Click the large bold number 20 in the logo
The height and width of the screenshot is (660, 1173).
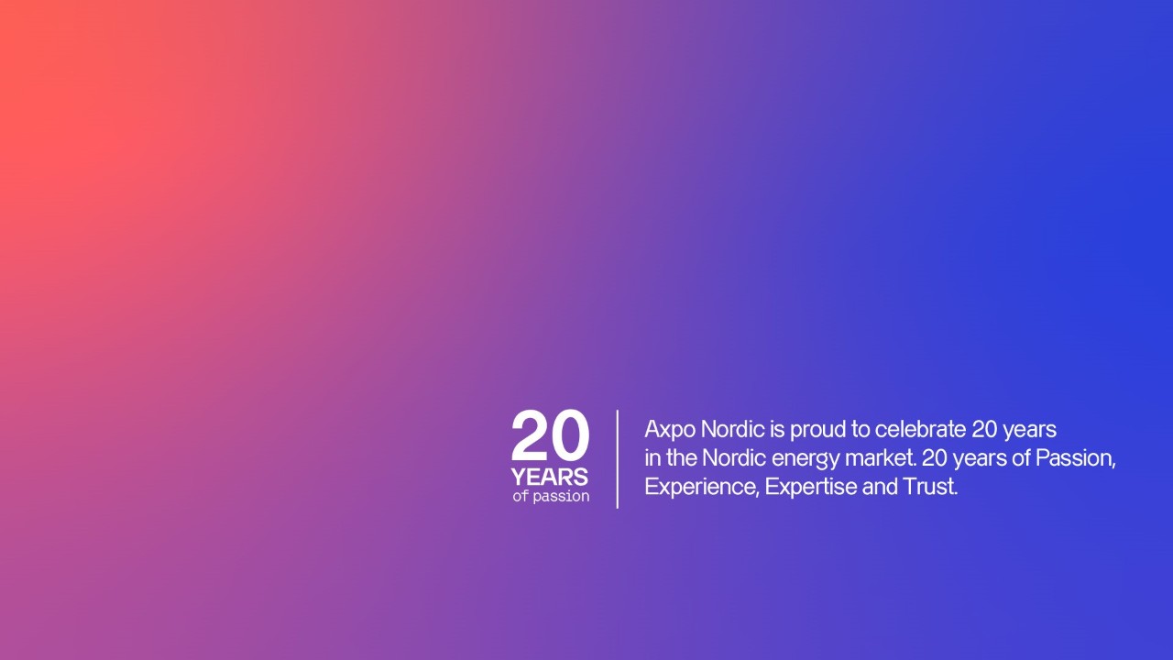pos(551,434)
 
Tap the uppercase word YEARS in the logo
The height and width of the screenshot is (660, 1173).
pos(549,478)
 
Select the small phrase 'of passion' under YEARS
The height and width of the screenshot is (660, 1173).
pos(551,496)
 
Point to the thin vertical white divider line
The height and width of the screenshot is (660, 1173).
pos(618,459)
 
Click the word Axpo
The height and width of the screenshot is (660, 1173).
pos(670,430)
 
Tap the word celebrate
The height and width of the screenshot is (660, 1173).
pos(920,429)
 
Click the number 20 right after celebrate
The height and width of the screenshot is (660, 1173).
pos(984,430)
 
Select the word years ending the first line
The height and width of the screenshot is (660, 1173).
pos(1029,431)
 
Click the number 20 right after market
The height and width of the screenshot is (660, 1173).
pos(935,458)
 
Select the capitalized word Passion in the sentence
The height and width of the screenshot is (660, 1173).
pos(1076,458)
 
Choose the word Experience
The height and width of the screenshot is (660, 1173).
pos(702,488)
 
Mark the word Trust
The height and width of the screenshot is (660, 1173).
pos(930,487)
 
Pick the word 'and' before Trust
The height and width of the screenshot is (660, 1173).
pos(880,487)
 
